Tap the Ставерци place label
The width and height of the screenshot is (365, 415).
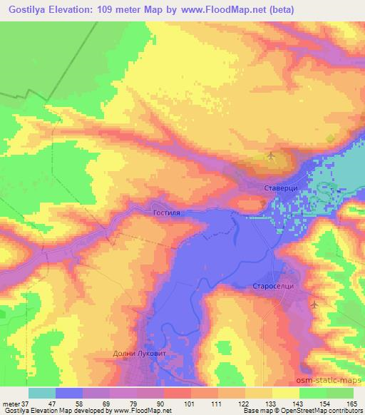pyautogui.click(x=273, y=188)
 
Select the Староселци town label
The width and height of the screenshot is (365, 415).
pyautogui.click(x=273, y=286)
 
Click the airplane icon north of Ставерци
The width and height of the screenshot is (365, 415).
pyautogui.click(x=272, y=155)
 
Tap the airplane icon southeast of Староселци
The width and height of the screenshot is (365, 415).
pyautogui.click(x=314, y=304)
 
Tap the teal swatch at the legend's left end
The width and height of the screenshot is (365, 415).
pyautogui.click(x=42, y=393)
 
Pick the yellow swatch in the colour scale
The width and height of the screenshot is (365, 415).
pyautogui.click(x=285, y=393)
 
